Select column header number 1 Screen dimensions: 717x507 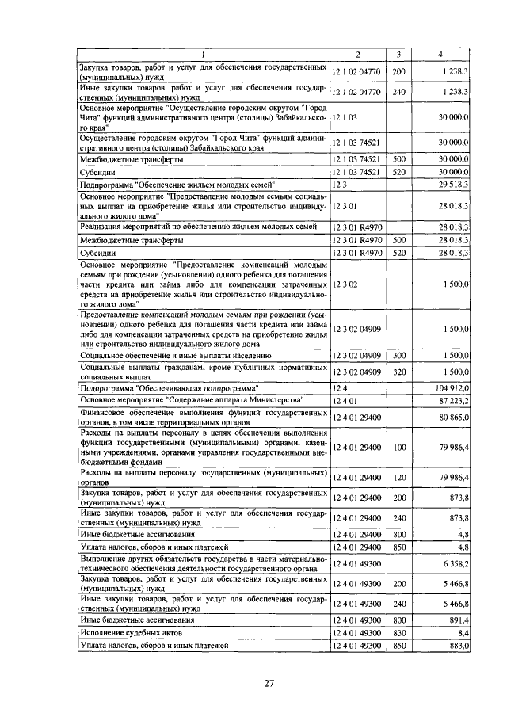click(203, 54)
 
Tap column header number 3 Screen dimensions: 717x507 click(399, 54)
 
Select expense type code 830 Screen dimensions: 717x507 click(399, 632)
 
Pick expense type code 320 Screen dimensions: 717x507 click(399, 372)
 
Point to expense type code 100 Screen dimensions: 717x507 click(399, 448)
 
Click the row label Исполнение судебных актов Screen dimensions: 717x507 click(137, 632)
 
